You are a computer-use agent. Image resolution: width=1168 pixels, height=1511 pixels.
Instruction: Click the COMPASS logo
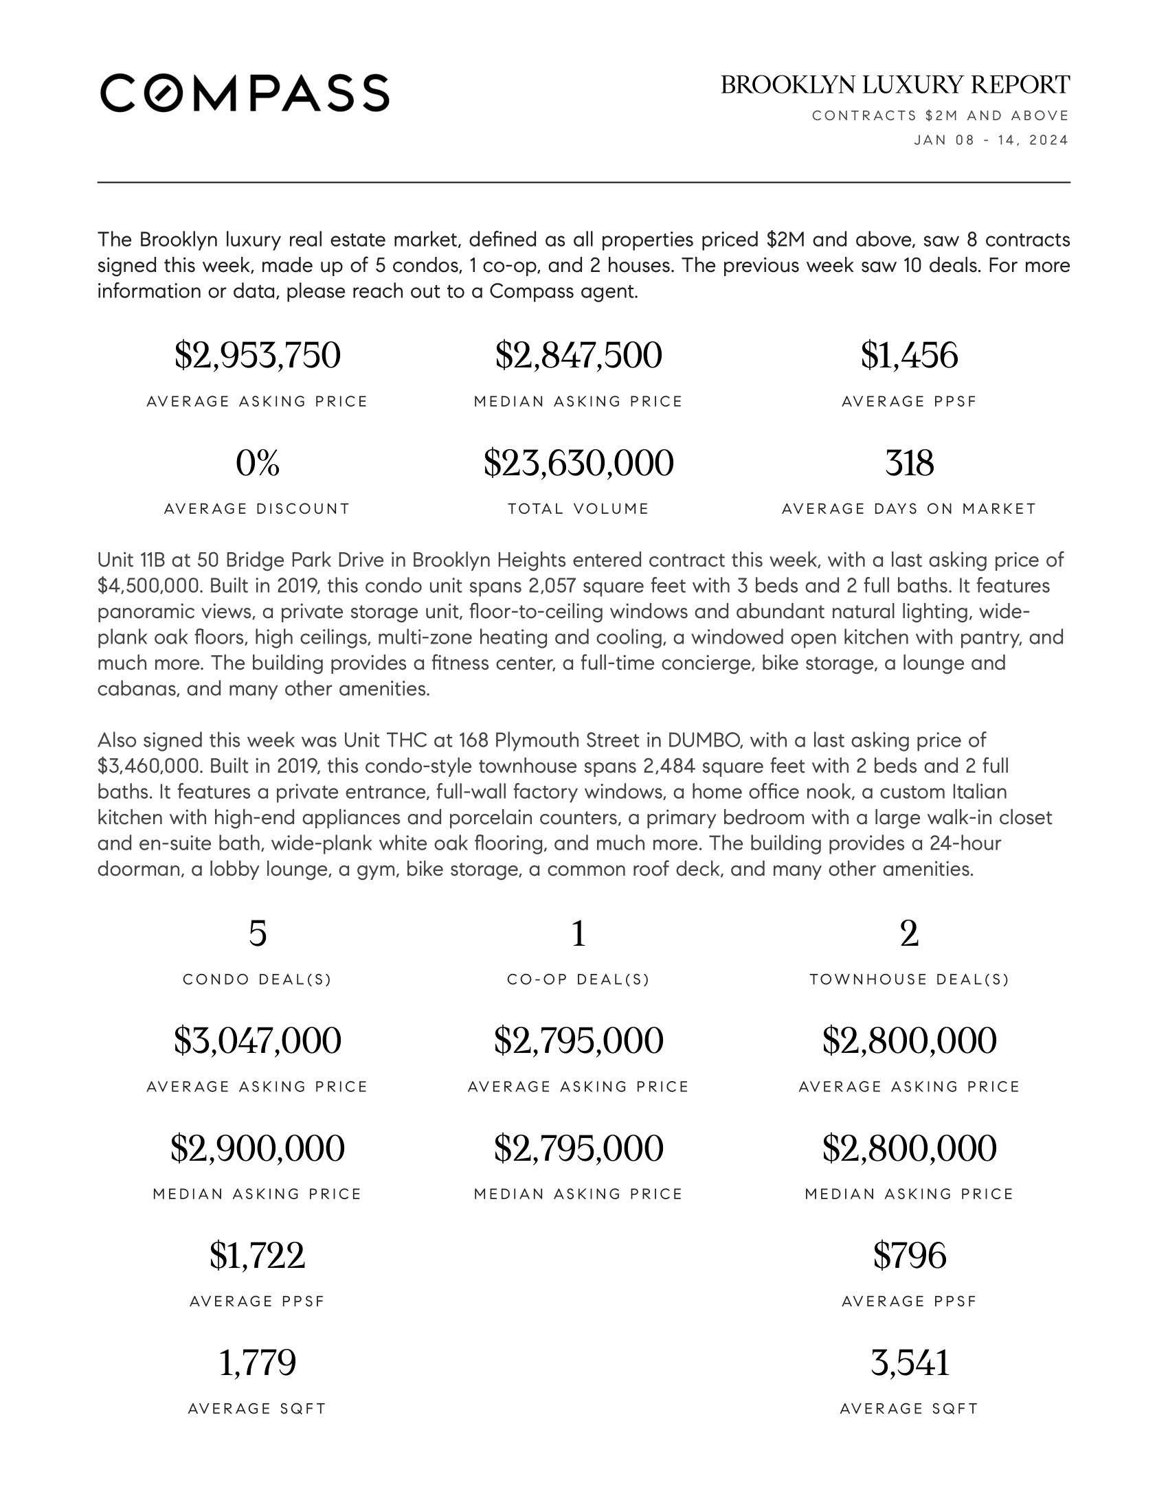(x=245, y=93)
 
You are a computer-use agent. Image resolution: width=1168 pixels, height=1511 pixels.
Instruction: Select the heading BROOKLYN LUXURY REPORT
(x=895, y=85)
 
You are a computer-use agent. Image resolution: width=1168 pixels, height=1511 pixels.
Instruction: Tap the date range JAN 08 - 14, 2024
(x=991, y=140)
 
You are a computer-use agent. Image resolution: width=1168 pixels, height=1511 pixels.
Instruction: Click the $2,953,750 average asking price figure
(x=258, y=356)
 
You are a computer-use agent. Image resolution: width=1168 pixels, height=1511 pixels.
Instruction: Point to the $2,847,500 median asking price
(x=579, y=356)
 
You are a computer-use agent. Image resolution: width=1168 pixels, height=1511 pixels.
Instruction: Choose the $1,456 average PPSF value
(x=909, y=356)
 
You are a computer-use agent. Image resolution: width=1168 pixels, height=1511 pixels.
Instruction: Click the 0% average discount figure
(x=258, y=463)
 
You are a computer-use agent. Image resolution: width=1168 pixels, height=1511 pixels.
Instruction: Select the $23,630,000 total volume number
(x=579, y=463)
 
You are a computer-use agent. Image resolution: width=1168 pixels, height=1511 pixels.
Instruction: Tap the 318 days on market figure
(x=909, y=463)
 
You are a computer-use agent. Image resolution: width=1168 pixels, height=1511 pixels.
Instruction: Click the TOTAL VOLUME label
(x=579, y=509)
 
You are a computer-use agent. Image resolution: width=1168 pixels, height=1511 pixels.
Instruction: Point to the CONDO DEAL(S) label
(x=258, y=979)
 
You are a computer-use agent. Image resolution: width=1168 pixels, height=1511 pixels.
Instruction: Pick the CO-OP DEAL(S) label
(x=579, y=979)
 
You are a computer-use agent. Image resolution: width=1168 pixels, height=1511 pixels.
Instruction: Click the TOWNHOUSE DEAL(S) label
(x=909, y=979)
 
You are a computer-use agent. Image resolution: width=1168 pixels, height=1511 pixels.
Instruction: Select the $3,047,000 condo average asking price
(x=258, y=1041)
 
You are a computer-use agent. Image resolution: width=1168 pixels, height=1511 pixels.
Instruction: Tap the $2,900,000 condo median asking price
(x=258, y=1148)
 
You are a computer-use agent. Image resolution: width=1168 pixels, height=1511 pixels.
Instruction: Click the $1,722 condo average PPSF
(x=258, y=1256)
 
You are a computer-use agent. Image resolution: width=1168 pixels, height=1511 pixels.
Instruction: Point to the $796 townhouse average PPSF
(x=909, y=1256)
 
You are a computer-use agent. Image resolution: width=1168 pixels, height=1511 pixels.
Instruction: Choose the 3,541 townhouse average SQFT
(x=909, y=1363)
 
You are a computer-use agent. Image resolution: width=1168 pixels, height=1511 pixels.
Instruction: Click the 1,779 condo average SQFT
(x=258, y=1363)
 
